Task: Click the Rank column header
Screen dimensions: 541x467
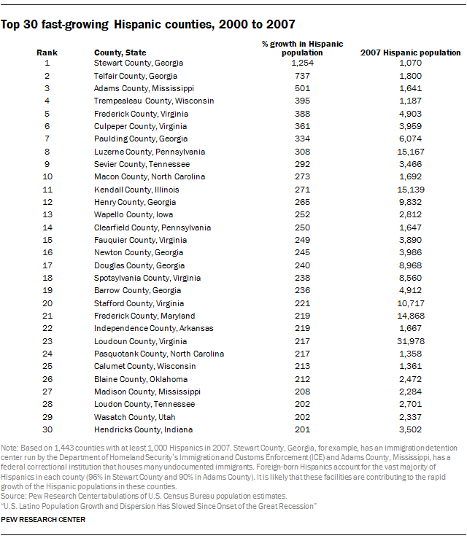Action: (47, 52)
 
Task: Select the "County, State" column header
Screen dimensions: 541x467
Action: (120, 52)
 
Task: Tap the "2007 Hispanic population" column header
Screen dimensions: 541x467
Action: (411, 52)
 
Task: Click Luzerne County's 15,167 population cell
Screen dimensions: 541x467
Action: (411, 152)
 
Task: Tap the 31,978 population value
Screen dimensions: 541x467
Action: (411, 341)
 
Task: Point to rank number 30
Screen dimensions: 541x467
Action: (47, 429)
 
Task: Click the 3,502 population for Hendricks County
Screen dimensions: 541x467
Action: (411, 429)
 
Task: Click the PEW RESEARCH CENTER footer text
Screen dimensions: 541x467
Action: (44, 520)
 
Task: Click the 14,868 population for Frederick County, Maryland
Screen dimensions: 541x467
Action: (411, 316)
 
